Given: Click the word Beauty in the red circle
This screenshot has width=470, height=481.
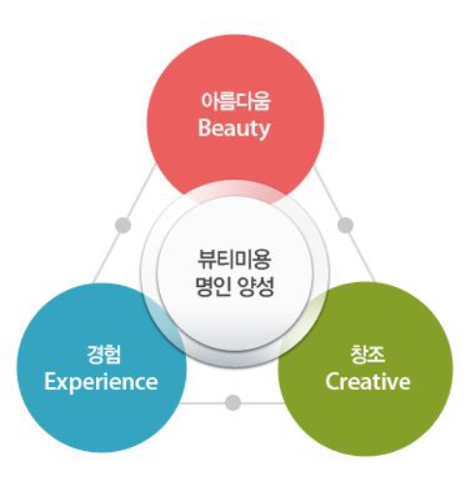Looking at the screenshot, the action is pyautogui.click(x=234, y=129).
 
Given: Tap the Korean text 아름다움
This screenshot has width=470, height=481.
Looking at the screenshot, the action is pyautogui.click(x=235, y=101).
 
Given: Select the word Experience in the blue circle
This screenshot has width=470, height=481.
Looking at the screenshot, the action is pyautogui.click(x=101, y=383).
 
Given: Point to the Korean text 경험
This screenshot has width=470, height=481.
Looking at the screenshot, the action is pyautogui.click(x=104, y=355).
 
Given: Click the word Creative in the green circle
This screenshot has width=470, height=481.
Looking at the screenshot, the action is pyautogui.click(x=367, y=381).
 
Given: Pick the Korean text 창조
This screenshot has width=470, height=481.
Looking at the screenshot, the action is pyautogui.click(x=367, y=354).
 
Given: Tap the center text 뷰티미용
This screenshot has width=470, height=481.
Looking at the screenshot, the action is pyautogui.click(x=235, y=260).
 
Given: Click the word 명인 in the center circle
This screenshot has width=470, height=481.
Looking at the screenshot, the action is pyautogui.click(x=213, y=287).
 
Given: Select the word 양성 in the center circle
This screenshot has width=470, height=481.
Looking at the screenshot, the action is pyautogui.click(x=256, y=287).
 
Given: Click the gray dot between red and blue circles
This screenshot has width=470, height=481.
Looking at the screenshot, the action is pyautogui.click(x=123, y=225).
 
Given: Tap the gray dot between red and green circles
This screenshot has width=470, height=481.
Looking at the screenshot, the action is pyautogui.click(x=346, y=225).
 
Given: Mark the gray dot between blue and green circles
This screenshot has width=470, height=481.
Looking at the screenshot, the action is pyautogui.click(x=233, y=402).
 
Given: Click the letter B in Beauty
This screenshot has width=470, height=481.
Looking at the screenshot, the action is pyautogui.click(x=204, y=128).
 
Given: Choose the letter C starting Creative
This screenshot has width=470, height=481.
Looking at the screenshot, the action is pyautogui.click(x=332, y=382).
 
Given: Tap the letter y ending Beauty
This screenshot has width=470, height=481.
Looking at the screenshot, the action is pyautogui.click(x=265, y=132).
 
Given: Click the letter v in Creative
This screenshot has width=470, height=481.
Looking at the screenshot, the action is pyautogui.click(x=392, y=384).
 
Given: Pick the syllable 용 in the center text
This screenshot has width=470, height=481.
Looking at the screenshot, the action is pyautogui.click(x=263, y=260).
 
